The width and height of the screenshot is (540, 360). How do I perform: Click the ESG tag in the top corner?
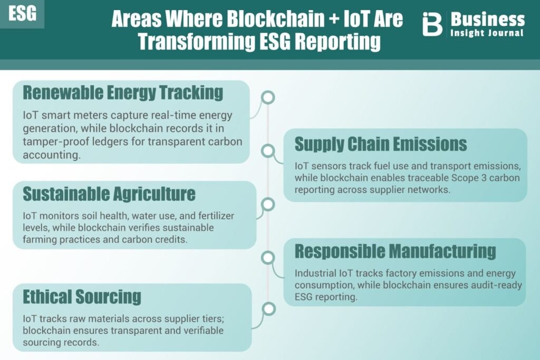point(22,14)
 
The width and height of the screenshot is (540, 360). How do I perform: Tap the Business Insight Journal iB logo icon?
point(432,24)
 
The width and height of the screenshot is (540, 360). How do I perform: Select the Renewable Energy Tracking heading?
point(123,93)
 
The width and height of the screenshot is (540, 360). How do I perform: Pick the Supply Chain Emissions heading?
point(381,144)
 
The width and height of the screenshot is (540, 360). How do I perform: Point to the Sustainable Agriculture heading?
point(109,194)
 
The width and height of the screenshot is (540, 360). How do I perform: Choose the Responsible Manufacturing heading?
point(395,251)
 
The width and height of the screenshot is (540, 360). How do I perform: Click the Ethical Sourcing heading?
point(82,297)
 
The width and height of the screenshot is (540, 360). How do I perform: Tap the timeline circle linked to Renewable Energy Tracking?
point(268,97)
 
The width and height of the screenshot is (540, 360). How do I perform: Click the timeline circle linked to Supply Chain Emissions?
point(268,151)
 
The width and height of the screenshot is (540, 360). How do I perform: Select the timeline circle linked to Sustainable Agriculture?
point(268,205)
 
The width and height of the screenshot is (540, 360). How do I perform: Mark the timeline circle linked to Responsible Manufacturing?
point(268,257)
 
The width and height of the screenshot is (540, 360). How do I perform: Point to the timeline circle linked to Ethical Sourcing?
point(268,309)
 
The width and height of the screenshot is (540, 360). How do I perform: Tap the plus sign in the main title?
point(333,18)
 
